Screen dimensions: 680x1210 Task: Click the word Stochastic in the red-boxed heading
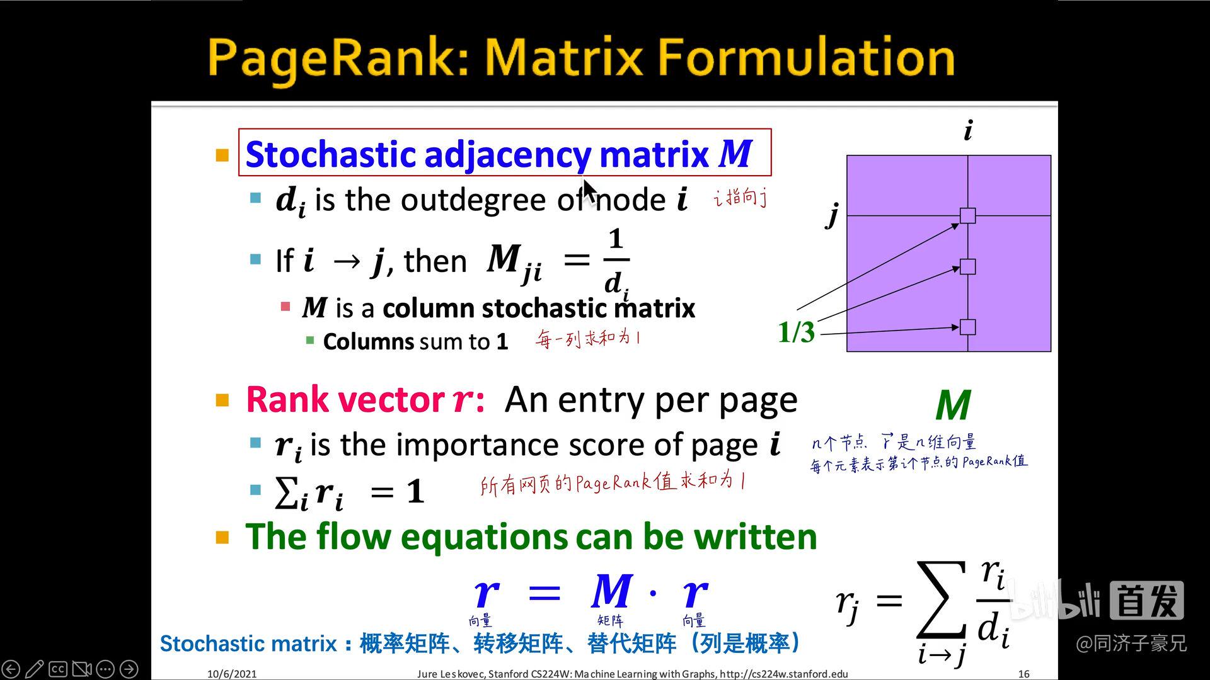tap(330, 154)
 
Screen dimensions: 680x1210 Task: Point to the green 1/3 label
tap(796, 332)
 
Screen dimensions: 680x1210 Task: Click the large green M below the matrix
tap(953, 405)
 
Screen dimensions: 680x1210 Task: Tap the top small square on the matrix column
tap(967, 216)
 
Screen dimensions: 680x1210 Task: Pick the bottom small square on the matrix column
tap(967, 327)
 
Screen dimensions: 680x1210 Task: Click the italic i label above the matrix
tap(968, 131)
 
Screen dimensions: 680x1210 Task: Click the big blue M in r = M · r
tap(611, 592)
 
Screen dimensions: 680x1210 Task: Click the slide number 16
tap(1023, 674)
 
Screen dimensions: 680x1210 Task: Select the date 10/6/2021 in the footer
tap(232, 674)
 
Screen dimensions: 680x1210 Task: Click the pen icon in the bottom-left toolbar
tap(35, 669)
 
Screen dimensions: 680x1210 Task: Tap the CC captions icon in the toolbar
tap(58, 669)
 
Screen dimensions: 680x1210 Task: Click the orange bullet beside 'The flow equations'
tap(222, 537)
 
